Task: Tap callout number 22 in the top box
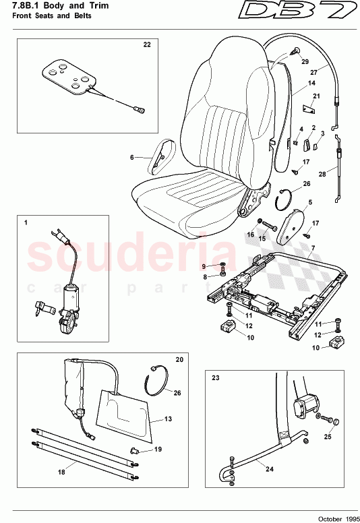tap(146, 44)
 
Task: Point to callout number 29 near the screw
tap(304, 61)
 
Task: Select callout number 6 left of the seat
tap(133, 158)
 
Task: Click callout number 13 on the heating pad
tap(169, 419)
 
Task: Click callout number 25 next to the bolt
tap(328, 437)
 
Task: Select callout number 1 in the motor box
tap(26, 221)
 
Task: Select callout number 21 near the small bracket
tap(317, 97)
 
